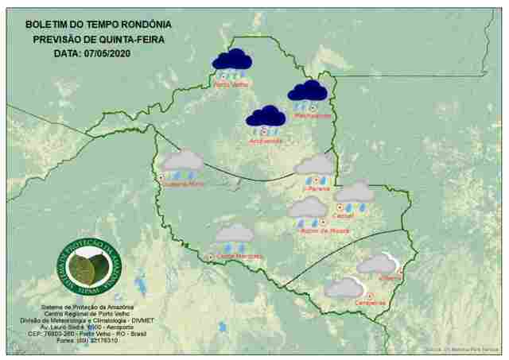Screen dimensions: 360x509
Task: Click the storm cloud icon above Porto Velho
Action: pyautogui.click(x=231, y=62)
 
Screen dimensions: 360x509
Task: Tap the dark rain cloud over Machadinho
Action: pyautogui.click(x=307, y=93)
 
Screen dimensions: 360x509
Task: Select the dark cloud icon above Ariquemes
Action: pyautogui.click(x=266, y=118)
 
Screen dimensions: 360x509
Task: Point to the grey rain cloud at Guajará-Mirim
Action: pyautogui.click(x=183, y=163)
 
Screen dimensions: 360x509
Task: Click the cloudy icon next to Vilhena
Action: pyautogui.click(x=376, y=265)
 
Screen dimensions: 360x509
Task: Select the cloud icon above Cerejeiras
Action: pyautogui.click(x=345, y=288)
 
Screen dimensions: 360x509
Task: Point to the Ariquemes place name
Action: pyautogui.click(x=266, y=141)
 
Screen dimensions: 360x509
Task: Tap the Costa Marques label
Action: pyautogui.click(x=239, y=256)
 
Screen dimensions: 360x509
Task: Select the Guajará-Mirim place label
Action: pyautogui.click(x=185, y=183)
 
